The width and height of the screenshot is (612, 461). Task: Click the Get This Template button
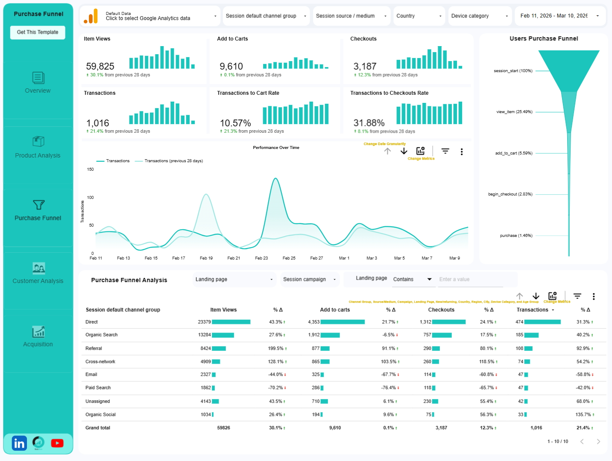click(x=38, y=32)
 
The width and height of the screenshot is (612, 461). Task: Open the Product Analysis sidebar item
click(x=38, y=148)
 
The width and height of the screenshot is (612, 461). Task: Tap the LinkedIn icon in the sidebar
click(x=19, y=443)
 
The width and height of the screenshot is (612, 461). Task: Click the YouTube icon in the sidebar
click(x=57, y=443)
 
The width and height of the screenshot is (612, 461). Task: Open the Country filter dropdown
click(x=419, y=16)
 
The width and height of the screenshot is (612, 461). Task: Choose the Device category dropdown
click(x=480, y=16)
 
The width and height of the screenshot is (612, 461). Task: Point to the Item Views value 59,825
click(x=100, y=67)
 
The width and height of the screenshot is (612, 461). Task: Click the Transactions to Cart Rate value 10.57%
click(x=235, y=123)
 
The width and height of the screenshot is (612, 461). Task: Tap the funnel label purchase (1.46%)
click(x=516, y=236)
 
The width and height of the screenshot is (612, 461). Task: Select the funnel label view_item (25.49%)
click(x=514, y=112)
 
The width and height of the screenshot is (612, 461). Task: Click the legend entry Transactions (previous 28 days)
click(x=173, y=161)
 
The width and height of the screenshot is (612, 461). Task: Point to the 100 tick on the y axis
click(x=91, y=198)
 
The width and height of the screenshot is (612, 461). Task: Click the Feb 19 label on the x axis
click(x=206, y=258)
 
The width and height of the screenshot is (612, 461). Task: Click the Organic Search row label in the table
click(x=102, y=335)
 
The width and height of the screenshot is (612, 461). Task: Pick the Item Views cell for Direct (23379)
click(x=204, y=322)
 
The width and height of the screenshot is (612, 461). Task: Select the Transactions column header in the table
click(x=533, y=310)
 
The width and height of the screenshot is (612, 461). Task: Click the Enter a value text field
click(x=470, y=280)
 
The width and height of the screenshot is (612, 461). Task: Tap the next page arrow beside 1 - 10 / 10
click(x=598, y=441)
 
